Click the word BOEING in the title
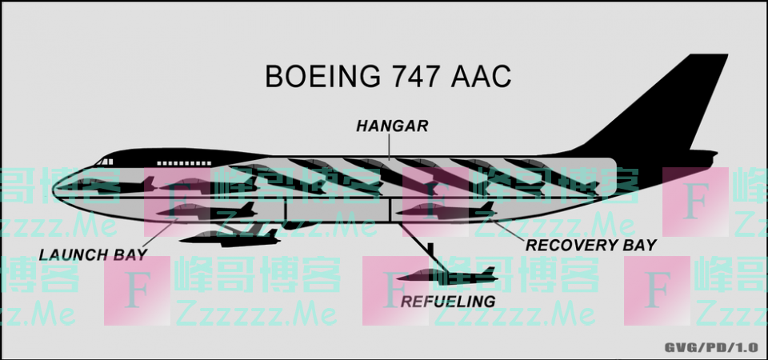[x=322, y=76]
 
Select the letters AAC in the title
[x=481, y=76]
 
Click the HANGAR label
[x=392, y=126]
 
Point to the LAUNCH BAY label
[x=93, y=254]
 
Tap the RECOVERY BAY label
[x=590, y=245]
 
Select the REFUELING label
[x=448, y=302]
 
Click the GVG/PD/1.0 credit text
[x=711, y=348]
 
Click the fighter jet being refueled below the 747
[x=446, y=277]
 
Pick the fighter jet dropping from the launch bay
[x=230, y=238]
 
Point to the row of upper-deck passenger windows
[x=184, y=163]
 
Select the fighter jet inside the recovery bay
[x=446, y=211]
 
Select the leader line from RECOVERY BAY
[x=507, y=230]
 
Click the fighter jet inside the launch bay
[x=206, y=211]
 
